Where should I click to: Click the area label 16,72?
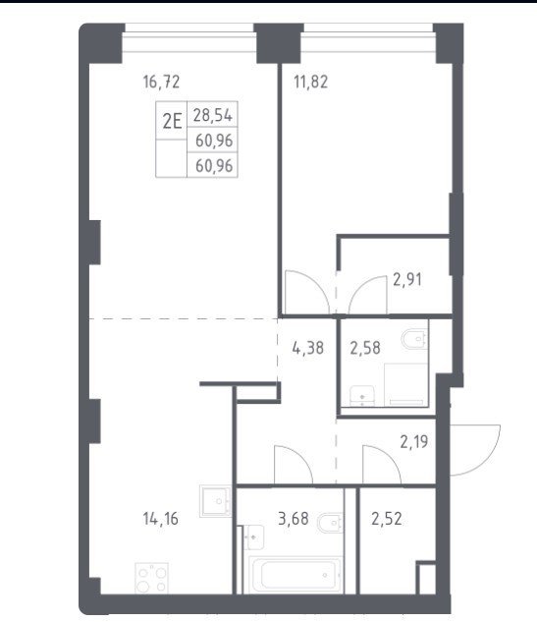click(x=161, y=83)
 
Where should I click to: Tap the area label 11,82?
click(x=310, y=83)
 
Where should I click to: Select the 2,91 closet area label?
click(x=407, y=280)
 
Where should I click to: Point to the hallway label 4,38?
click(x=308, y=348)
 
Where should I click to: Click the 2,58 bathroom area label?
click(x=365, y=348)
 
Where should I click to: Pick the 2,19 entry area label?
click(x=413, y=441)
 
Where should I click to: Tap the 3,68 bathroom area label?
click(x=294, y=519)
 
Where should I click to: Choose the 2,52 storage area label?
click(x=387, y=519)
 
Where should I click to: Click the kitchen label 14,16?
click(x=160, y=519)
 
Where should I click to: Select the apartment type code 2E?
click(x=172, y=121)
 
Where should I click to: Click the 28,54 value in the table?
click(x=213, y=115)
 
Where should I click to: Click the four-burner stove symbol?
click(x=152, y=578)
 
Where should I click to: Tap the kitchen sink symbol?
click(x=216, y=501)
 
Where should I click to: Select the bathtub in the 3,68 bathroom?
click(x=295, y=575)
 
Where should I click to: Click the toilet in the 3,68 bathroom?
click(x=330, y=523)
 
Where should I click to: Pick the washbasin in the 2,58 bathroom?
click(x=362, y=395)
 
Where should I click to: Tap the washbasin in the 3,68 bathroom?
click(x=253, y=537)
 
